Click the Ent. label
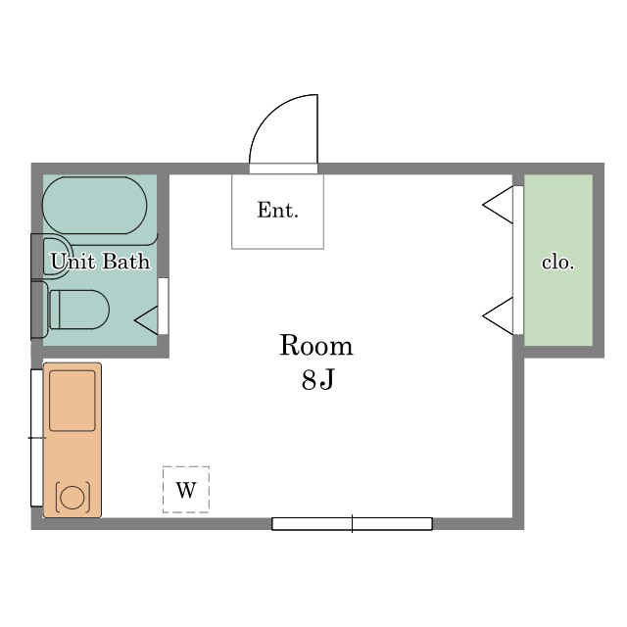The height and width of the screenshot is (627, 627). click(x=278, y=210)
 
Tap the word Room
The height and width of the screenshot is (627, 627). click(x=315, y=345)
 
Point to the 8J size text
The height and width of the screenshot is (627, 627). click(x=317, y=379)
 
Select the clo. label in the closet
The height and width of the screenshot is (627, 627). click(x=557, y=263)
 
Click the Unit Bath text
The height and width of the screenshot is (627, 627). click(x=100, y=262)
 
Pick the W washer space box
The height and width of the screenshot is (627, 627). click(x=186, y=490)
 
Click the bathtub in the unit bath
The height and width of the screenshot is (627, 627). click(x=95, y=205)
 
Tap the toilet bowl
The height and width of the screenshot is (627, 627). click(x=79, y=310)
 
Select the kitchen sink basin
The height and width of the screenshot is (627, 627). click(x=72, y=401)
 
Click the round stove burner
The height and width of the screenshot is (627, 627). click(x=72, y=497)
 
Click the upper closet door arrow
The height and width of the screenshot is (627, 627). click(x=498, y=205)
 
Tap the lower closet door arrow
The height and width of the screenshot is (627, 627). click(x=498, y=316)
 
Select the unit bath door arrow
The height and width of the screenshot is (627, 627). click(x=146, y=320)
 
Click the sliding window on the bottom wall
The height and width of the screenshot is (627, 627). click(x=353, y=524)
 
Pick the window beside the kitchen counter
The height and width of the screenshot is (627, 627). click(x=37, y=438)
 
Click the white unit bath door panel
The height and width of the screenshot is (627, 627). click(x=164, y=306)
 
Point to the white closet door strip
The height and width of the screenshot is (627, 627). click(x=518, y=260)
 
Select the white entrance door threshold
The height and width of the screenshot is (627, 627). click(x=283, y=169)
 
